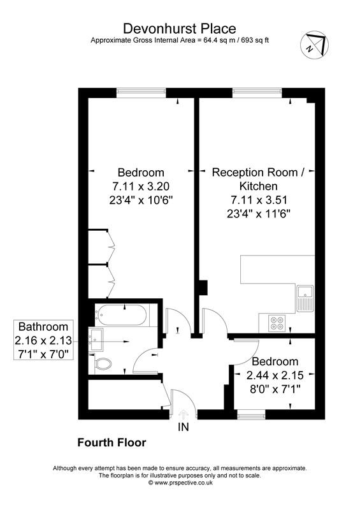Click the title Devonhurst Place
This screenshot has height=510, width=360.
coord(179,28)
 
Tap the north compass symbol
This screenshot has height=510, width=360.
coord(315,45)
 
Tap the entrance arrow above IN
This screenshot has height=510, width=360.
coord(184,414)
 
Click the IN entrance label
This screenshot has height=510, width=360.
coord(184,427)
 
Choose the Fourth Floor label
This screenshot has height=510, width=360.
coord(112,442)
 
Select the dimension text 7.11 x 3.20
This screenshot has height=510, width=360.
coord(140,186)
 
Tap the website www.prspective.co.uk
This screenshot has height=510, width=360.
coord(179,483)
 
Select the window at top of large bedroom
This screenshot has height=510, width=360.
coord(141,92)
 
